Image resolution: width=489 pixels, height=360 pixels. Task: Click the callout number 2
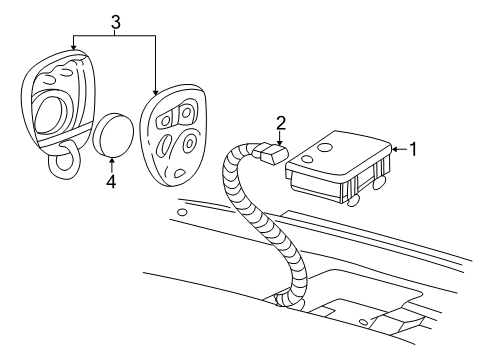[x=282, y=123]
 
